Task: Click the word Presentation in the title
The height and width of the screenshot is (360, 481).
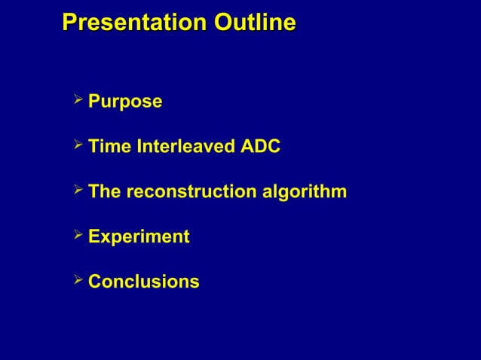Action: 135,23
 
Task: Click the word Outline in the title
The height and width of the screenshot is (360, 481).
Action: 255,23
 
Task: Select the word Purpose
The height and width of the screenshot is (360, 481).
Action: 125,102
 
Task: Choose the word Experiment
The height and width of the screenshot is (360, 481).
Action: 139,237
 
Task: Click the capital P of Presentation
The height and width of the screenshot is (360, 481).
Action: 69,23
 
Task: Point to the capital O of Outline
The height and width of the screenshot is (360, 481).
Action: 223,23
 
